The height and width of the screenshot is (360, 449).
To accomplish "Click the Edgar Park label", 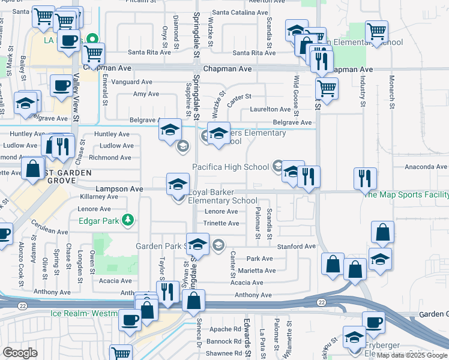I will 99,221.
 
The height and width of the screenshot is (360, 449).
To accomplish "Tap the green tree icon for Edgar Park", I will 127,221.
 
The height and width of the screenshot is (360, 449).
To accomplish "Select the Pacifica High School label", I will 230,166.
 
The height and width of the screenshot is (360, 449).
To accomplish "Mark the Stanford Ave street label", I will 296,246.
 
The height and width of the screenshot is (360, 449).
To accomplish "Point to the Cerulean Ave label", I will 50,231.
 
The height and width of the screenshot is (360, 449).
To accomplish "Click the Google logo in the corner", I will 20,353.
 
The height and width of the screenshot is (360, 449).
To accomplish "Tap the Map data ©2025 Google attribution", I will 412,355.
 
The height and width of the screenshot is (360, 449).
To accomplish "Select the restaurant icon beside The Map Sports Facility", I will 365,178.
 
